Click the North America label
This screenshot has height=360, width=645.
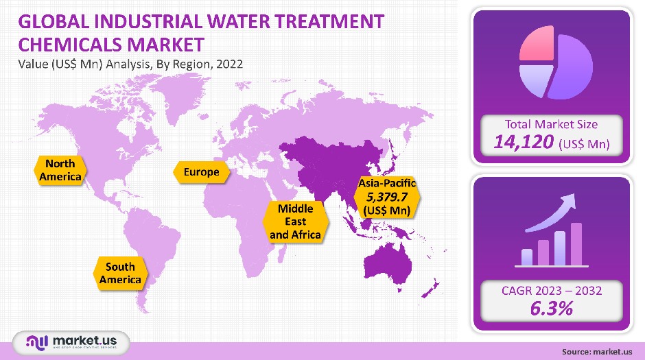(x=60, y=171)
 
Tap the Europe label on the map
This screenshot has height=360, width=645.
(x=201, y=171)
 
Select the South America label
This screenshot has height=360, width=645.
(x=120, y=273)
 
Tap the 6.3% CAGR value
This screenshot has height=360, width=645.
(x=551, y=309)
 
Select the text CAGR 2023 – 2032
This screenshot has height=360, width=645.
(x=551, y=291)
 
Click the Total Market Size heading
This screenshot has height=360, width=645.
(x=551, y=124)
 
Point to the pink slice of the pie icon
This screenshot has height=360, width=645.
(x=536, y=46)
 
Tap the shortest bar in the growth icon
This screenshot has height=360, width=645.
(x=527, y=257)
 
